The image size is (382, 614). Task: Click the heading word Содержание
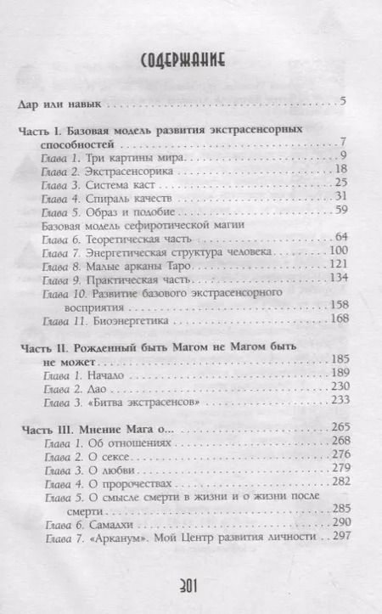(x=190, y=60)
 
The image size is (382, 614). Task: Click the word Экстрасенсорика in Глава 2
(x=128, y=171)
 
